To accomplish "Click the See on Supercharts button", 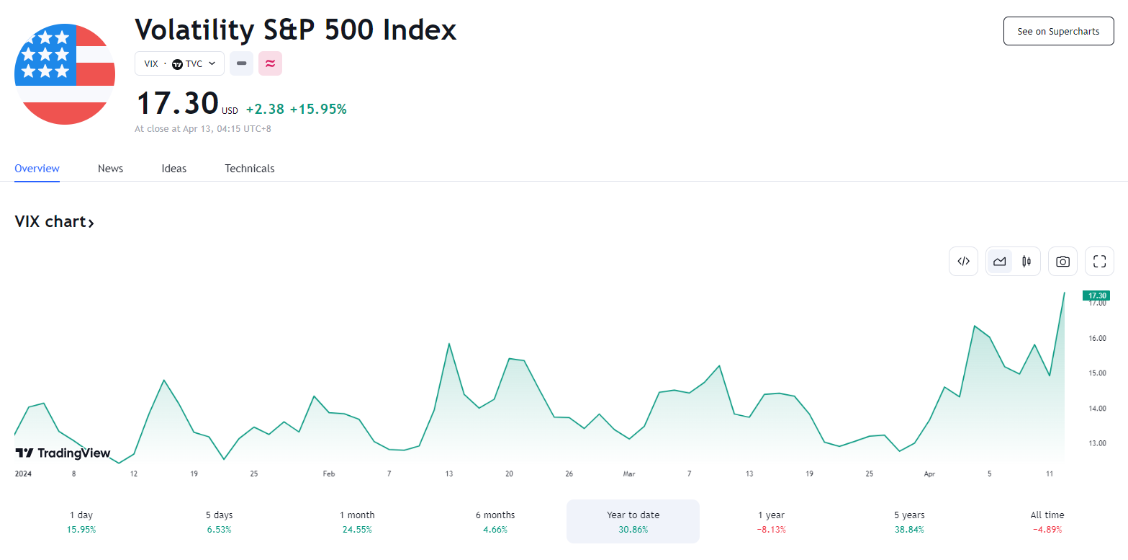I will (1058, 32).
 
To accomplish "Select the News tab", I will (110, 169).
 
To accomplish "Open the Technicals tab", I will (249, 169).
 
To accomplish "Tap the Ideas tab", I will (173, 169).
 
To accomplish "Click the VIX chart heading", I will (54, 222).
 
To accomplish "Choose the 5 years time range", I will (909, 521).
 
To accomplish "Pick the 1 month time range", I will (357, 521).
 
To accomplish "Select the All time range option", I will (1047, 521).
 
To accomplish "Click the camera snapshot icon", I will (1062, 262).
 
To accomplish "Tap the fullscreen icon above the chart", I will (1099, 262).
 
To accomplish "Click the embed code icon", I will (964, 262).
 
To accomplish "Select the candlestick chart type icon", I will (1027, 262).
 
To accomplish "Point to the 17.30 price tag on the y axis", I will (1096, 295).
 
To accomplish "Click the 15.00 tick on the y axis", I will (1097, 373).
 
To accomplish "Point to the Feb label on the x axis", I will (328, 474).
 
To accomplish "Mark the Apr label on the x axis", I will (929, 474).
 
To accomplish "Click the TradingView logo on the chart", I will (63, 453).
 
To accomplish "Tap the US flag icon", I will (65, 74).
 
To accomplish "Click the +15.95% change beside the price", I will (318, 110).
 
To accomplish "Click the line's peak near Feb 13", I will (449, 344).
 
